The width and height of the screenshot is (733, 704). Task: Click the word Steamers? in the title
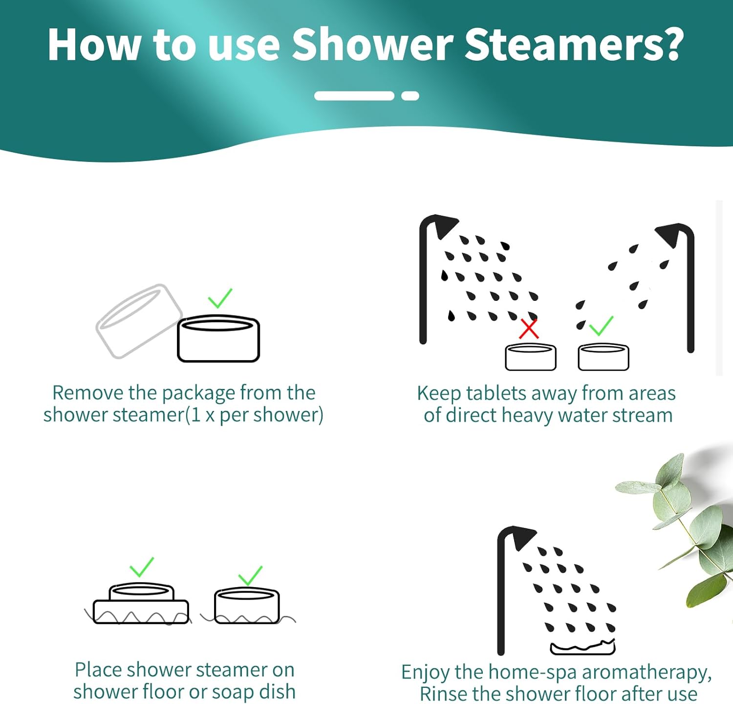click(573, 45)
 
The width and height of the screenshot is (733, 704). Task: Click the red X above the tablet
click(528, 329)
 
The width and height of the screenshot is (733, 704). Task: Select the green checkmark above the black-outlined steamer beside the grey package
click(220, 298)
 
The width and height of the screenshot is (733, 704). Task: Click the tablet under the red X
click(530, 357)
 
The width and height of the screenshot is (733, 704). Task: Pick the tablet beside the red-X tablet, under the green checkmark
click(603, 357)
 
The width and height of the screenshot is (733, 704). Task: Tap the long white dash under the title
click(354, 96)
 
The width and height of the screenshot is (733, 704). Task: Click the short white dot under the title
click(410, 96)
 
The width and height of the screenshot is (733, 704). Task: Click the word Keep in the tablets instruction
click(438, 394)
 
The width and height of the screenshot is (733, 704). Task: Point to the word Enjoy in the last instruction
click(425, 673)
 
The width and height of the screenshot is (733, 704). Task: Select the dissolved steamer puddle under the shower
click(582, 648)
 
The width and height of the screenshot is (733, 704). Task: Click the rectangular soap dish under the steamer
click(141, 612)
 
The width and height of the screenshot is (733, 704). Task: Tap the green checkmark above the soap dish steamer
click(142, 568)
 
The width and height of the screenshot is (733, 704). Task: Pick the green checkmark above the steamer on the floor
click(250, 575)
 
